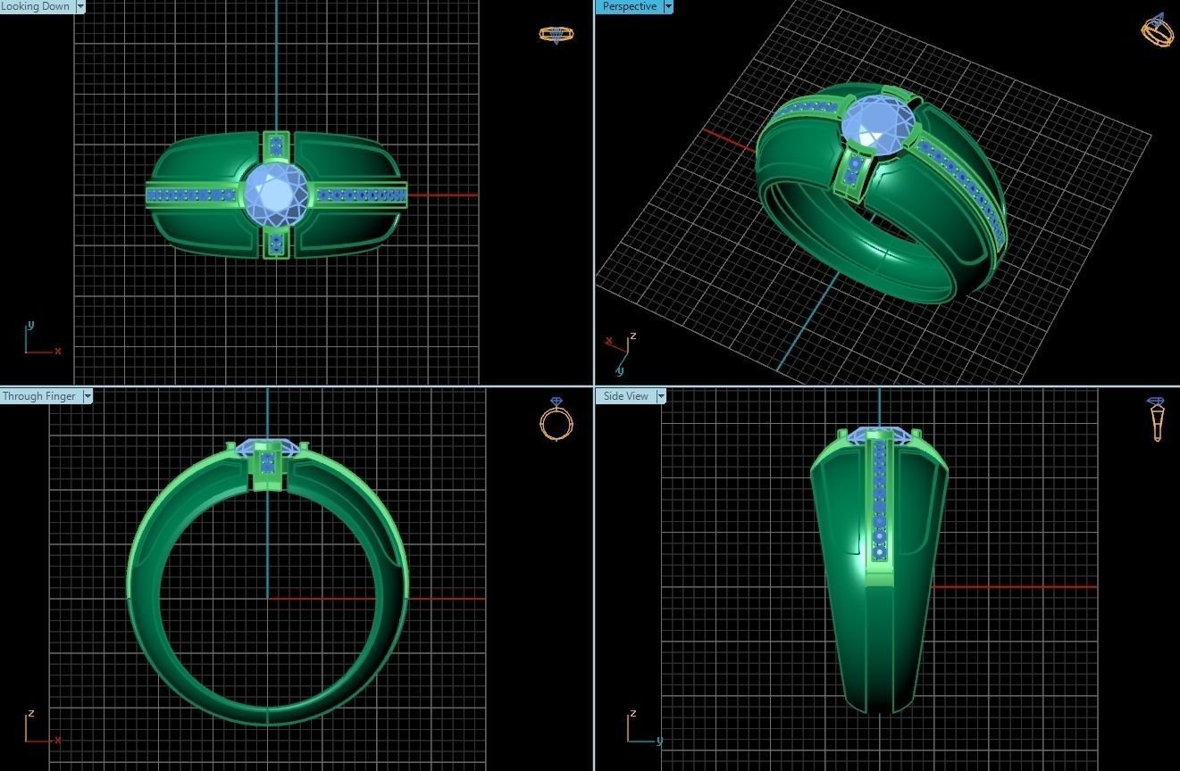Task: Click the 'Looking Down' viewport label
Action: (x=36, y=6)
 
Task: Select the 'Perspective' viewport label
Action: (x=629, y=6)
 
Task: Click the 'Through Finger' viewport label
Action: (x=39, y=396)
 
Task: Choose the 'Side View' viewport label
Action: (x=625, y=396)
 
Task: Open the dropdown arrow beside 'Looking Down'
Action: (x=80, y=6)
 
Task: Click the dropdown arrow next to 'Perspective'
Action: (x=667, y=6)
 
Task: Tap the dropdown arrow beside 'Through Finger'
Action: (x=88, y=396)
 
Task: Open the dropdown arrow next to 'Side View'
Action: (x=661, y=396)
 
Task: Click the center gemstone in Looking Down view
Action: (x=276, y=194)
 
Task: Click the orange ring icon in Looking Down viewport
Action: (x=556, y=35)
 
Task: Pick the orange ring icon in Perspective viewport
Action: (x=1158, y=30)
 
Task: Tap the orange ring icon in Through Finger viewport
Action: (x=556, y=420)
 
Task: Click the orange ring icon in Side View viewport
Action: (x=1156, y=419)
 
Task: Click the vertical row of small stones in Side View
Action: (x=880, y=500)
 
